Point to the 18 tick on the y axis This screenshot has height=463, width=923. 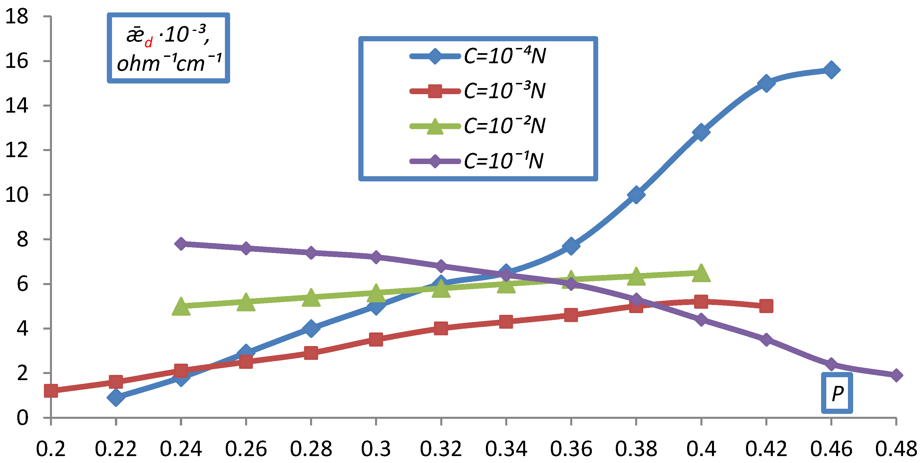(x=16, y=16)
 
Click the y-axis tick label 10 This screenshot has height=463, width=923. (x=16, y=195)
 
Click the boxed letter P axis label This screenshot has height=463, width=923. (x=837, y=393)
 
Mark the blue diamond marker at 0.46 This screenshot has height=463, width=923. (x=831, y=70)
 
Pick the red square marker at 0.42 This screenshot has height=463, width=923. (x=766, y=306)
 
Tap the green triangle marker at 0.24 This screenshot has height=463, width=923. (x=181, y=307)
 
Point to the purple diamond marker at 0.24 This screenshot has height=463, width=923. (x=181, y=244)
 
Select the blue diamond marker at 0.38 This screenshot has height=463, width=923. (x=636, y=195)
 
